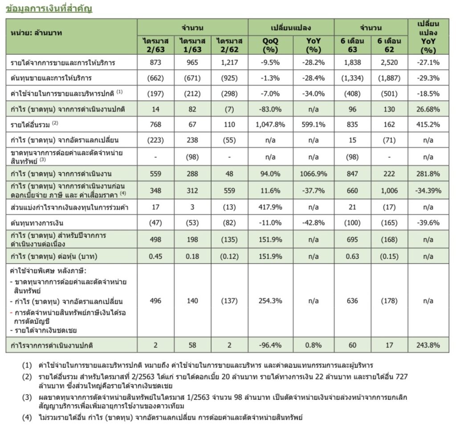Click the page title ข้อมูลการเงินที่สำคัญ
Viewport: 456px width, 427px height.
click(49, 8)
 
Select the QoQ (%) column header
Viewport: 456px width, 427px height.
click(270, 45)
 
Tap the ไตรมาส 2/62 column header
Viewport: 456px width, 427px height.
click(229, 45)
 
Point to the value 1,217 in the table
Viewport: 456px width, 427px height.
click(229, 63)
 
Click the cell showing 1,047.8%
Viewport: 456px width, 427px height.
click(270, 125)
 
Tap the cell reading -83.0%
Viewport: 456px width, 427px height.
click(270, 109)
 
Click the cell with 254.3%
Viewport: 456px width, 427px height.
click(270, 301)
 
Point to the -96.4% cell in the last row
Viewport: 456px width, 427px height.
click(270, 345)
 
